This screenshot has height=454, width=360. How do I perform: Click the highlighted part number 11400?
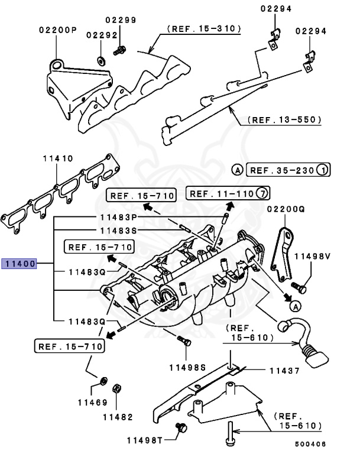(x=20, y=264)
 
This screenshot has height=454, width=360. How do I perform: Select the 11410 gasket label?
(x=57, y=159)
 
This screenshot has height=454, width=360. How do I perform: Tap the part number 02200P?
(x=58, y=30)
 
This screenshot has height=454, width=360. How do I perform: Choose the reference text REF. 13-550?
(x=284, y=120)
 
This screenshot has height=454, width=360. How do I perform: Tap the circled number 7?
(x=263, y=193)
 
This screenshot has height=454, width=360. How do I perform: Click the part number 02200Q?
(x=286, y=209)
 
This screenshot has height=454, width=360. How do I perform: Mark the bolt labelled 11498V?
(x=301, y=288)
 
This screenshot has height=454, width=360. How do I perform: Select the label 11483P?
(x=118, y=218)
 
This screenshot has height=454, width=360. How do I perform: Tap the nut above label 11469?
(x=103, y=380)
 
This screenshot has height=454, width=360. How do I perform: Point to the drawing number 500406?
(x=310, y=444)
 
